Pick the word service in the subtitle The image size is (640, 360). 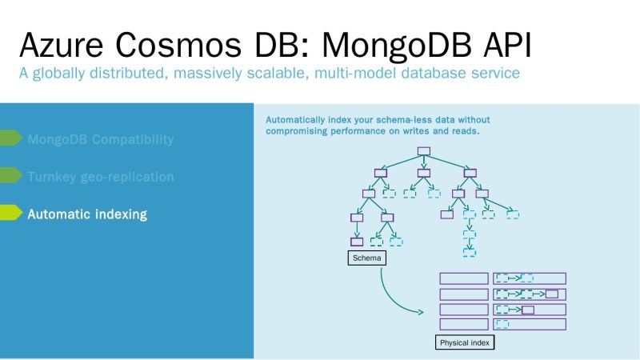pos(494,74)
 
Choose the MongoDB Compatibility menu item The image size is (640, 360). pos(100,139)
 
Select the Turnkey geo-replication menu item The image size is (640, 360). pos(100,176)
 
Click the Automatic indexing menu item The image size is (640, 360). pos(87,214)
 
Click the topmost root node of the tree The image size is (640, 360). pos(424,151)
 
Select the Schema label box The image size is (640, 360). pos(366,258)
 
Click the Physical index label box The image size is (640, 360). pos(465,342)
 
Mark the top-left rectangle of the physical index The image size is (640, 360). pos(464,278)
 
